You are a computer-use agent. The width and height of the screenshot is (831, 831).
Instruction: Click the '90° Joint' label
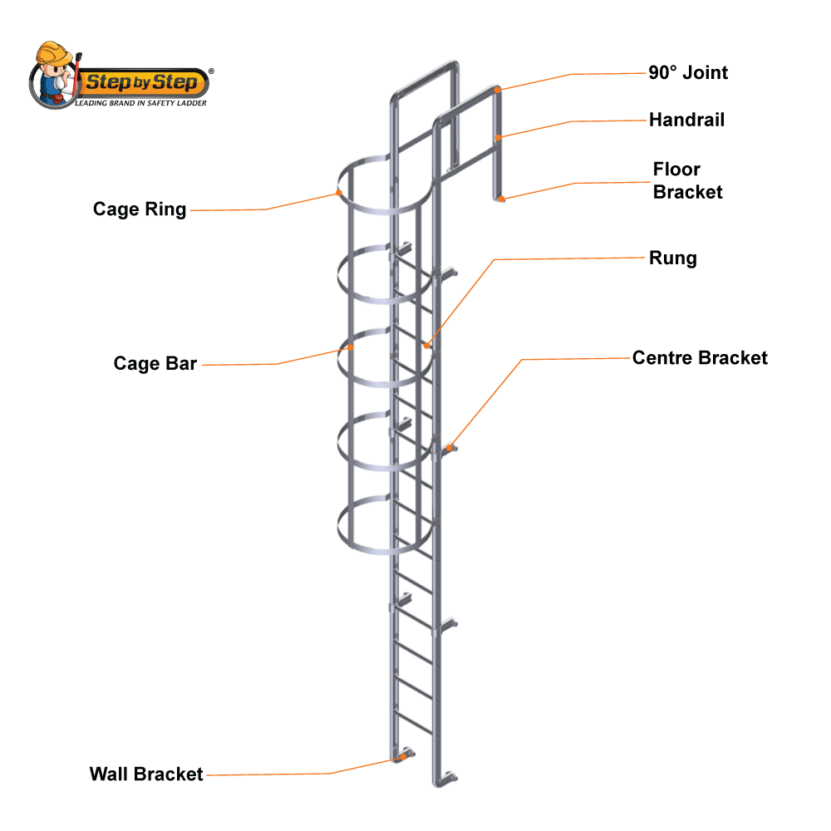click(x=688, y=72)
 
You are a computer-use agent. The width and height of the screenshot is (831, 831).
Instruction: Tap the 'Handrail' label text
click(x=686, y=120)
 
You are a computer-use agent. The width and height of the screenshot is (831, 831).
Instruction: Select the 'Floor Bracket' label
click(x=687, y=181)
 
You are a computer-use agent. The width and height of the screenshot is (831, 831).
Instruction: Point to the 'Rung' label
click(x=672, y=258)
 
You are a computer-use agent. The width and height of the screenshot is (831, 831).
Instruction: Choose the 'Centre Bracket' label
click(x=700, y=357)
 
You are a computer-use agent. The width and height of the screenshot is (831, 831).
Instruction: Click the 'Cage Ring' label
click(x=140, y=209)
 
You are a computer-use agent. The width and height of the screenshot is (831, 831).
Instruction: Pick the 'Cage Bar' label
click(x=155, y=363)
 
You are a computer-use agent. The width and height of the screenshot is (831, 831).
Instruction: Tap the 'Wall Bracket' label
click(x=146, y=774)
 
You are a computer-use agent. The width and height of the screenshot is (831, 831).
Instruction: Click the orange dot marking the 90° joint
click(x=497, y=89)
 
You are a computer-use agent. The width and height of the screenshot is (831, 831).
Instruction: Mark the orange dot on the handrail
click(x=498, y=137)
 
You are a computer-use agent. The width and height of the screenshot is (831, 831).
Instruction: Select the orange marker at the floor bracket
click(x=502, y=198)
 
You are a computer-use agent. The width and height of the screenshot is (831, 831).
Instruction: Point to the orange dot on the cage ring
click(x=339, y=193)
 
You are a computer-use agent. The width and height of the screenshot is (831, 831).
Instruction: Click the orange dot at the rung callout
click(x=426, y=345)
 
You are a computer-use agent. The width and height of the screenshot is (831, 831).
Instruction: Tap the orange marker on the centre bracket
click(x=450, y=448)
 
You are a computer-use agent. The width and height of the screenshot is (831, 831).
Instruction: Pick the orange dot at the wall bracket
click(x=402, y=757)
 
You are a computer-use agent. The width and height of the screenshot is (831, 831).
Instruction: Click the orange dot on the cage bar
click(x=350, y=348)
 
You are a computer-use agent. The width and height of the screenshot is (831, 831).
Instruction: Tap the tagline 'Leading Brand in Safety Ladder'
click(x=141, y=103)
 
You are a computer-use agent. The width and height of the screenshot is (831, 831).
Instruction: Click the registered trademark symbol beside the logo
click(x=211, y=72)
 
